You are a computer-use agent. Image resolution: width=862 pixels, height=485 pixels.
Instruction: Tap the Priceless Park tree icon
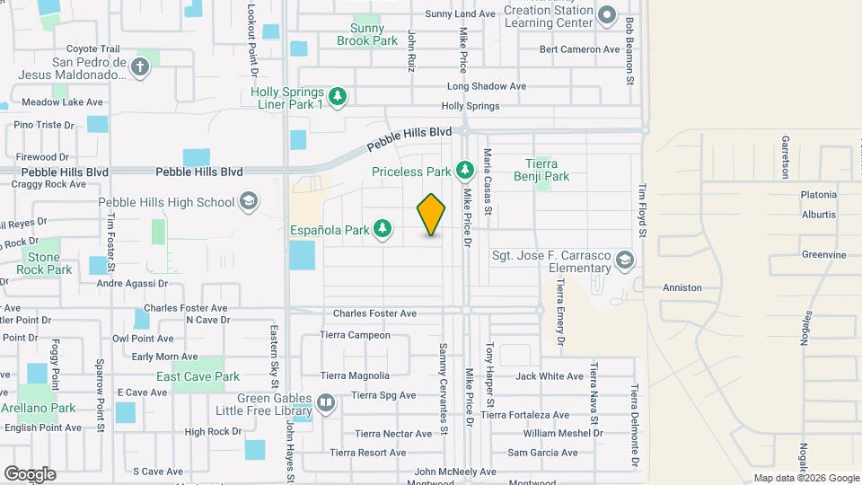point(464,170)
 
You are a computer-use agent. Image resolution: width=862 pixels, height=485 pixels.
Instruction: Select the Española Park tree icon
point(383,230)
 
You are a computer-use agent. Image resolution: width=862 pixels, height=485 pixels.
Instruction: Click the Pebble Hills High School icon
point(251,201)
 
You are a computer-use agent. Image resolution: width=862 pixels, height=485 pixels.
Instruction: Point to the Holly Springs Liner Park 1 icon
point(338,96)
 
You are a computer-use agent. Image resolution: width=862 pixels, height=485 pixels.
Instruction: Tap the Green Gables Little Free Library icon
point(326,404)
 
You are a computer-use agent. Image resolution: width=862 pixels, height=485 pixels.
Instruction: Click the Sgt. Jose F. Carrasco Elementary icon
point(625,261)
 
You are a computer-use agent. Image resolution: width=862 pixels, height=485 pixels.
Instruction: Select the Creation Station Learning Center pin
point(607,16)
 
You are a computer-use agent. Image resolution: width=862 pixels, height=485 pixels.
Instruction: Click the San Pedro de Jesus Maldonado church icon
point(139,66)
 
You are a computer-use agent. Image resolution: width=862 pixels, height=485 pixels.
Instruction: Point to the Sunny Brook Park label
point(366,34)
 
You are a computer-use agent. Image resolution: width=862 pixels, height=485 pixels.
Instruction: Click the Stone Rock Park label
point(43,263)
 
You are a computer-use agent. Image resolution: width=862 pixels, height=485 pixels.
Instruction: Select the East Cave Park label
point(198,376)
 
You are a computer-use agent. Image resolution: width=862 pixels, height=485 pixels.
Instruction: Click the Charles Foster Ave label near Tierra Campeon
point(374,313)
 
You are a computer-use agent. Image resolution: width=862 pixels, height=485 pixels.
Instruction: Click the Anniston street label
point(682,287)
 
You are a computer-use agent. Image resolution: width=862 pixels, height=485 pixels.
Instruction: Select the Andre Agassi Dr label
point(132,284)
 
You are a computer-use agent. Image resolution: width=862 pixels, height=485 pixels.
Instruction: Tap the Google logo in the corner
point(30,474)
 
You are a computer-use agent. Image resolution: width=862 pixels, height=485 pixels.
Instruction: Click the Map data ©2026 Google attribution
point(805,478)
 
